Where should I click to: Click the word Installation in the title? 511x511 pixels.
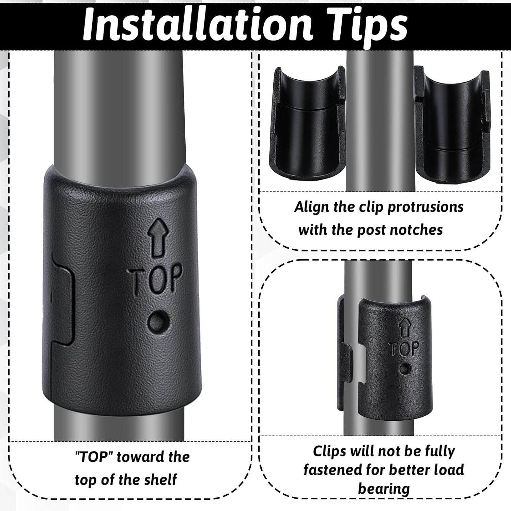(x=198, y=25)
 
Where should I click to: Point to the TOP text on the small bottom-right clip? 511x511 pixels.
(x=404, y=349)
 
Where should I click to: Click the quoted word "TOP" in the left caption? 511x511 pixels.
(x=94, y=457)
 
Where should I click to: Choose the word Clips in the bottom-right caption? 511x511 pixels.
(x=329, y=451)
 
